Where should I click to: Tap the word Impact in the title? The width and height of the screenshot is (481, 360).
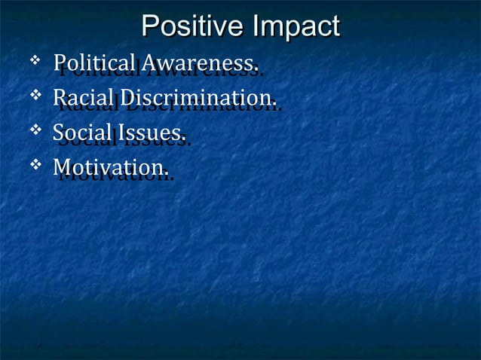pos(296,27)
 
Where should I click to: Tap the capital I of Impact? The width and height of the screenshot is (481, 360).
pos(257,27)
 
